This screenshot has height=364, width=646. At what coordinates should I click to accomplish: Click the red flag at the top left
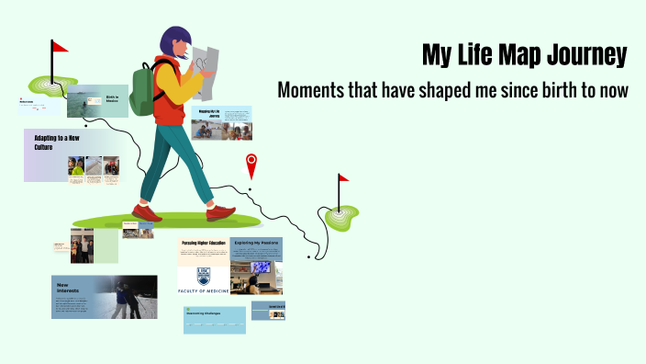coord(59,46)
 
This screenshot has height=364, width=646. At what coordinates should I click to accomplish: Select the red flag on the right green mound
coord(343,178)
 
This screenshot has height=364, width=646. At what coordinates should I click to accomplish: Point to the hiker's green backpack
coord(144,89)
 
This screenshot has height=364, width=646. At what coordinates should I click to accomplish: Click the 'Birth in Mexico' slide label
coord(113,97)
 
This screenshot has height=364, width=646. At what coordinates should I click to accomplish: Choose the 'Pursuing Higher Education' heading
coord(203,244)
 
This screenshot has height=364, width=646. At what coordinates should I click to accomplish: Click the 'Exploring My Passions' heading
coord(256,244)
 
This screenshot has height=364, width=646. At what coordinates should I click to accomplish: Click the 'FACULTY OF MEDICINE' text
coord(203,290)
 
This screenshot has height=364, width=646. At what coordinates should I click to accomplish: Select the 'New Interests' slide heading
coord(67,287)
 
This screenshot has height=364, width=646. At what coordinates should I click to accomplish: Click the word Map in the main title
coord(519,55)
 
